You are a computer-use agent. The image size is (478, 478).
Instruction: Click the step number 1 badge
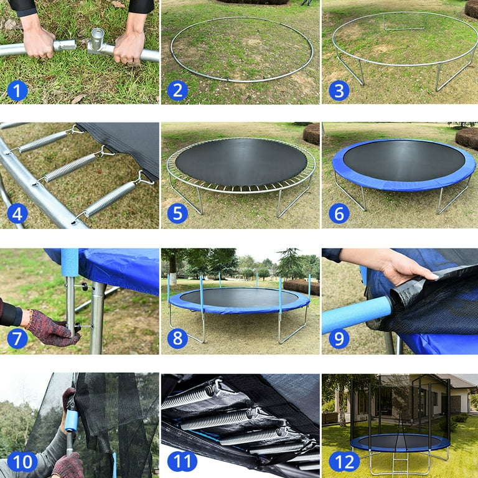coord(17,90)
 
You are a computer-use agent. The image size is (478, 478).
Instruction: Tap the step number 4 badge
coord(17,213)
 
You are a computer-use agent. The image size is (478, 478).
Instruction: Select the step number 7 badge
coord(17,338)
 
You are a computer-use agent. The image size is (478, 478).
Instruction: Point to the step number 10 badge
coord(22,462)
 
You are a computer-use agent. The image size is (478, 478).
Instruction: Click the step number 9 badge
coord(338,338)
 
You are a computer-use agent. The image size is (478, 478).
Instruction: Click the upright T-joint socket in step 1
coord(98,40)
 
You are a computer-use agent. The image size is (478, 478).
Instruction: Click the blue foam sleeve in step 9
coord(355,314)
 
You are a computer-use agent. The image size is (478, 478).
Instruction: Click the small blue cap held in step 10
coord(71,421)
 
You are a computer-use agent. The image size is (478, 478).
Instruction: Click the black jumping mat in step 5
coord(240,161)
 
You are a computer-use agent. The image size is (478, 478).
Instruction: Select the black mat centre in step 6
coord(403,160)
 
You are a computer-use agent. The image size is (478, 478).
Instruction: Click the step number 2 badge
coord(177,90)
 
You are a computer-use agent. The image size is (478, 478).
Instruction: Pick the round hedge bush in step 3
coord(471,9)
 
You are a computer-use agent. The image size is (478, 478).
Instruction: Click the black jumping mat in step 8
coord(240,298)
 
